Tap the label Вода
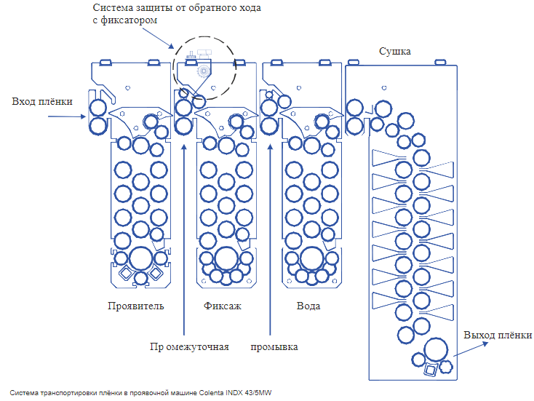pyautogui.click(x=308, y=306)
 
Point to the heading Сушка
pyautogui.click(x=395, y=52)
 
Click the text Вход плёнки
pyautogui.click(x=42, y=101)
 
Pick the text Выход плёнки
pyautogui.click(x=498, y=335)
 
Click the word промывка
pyautogui.click(x=274, y=346)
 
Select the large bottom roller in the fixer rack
pyautogui.click(x=226, y=258)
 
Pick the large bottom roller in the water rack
pyautogui.click(x=311, y=258)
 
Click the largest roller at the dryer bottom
pyautogui.click(x=437, y=350)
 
